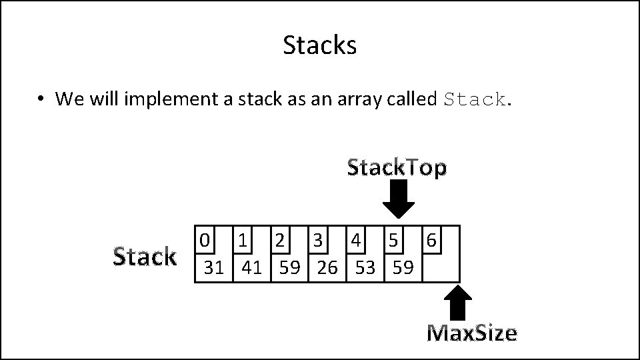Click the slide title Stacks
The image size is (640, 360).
point(319,45)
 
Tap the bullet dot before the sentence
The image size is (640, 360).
point(41,99)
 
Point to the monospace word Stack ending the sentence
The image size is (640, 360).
point(474,100)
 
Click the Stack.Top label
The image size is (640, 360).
point(397,168)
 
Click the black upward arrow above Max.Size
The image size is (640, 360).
point(457,303)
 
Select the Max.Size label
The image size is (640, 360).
point(471,332)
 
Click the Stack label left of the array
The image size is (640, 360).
point(144,256)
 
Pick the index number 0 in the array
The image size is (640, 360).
point(205,239)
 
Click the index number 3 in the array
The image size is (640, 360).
point(319,239)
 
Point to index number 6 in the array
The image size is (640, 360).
point(431,239)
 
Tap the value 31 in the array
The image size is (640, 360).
point(213,268)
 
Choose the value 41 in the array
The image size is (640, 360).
point(251,268)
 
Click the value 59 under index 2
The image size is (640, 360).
point(289,268)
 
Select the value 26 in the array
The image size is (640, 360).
point(327,268)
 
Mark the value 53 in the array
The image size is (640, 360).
point(365,268)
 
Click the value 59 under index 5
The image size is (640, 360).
point(403,268)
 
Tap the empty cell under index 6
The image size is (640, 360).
point(441,267)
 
